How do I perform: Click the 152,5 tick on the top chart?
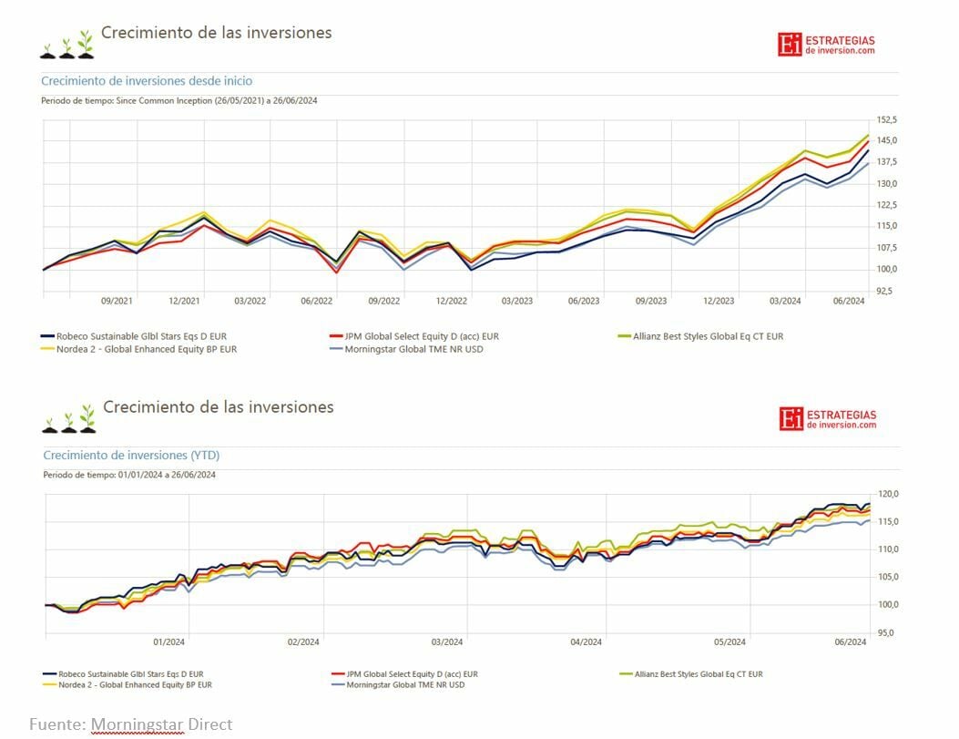[887, 119]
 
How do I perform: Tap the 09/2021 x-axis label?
[117, 301]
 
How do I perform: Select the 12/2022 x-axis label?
[452, 301]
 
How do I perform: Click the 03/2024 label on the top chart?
[785, 301]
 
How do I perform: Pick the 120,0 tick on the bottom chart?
[887, 494]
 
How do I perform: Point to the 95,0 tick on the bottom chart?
[887, 632]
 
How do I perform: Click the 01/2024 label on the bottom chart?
[169, 642]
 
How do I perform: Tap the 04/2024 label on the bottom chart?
[586, 642]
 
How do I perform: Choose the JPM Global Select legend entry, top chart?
[414, 336]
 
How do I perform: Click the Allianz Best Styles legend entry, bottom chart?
[691, 674]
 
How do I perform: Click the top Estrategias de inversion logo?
[826, 45]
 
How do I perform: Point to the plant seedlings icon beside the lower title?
[68, 418]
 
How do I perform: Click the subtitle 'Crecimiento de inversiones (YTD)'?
[131, 456]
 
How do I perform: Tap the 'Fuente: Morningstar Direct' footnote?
[130, 724]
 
